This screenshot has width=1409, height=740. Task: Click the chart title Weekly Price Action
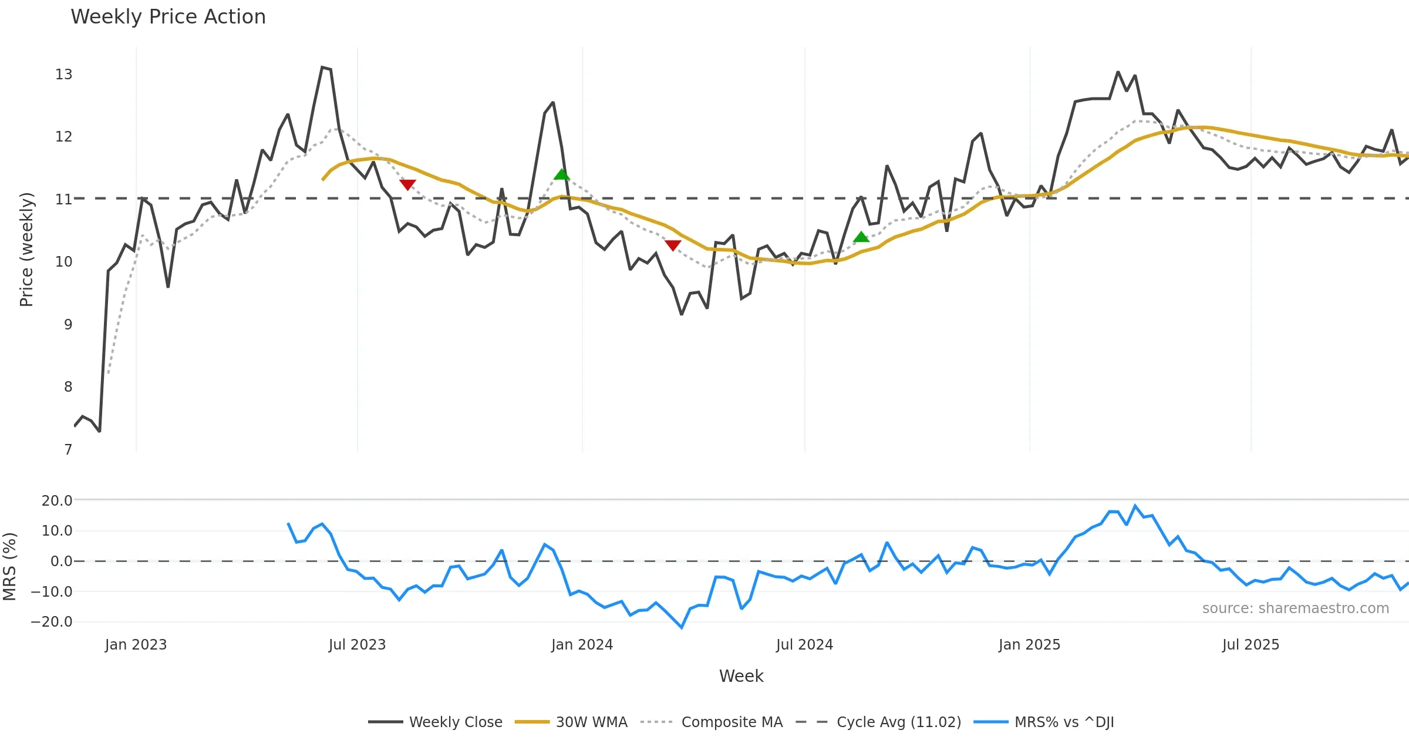click(168, 17)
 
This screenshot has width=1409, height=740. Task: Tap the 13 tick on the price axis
click(63, 75)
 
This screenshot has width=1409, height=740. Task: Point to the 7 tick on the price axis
click(68, 450)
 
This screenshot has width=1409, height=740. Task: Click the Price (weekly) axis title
click(27, 250)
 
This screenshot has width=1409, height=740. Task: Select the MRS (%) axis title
click(10, 567)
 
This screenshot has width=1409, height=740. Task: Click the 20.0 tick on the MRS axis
click(57, 501)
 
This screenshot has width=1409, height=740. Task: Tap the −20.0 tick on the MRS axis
click(52, 622)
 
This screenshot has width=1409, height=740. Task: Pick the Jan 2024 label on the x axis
click(582, 645)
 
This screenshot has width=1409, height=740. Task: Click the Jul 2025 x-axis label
click(1250, 645)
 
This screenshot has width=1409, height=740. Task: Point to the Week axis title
click(741, 677)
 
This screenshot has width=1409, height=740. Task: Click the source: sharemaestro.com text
click(1295, 608)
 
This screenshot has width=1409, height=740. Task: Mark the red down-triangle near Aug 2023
click(407, 184)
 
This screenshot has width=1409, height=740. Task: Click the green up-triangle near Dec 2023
click(562, 174)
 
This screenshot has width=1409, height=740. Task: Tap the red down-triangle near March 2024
click(673, 245)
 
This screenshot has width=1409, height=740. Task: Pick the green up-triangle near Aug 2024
click(861, 237)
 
